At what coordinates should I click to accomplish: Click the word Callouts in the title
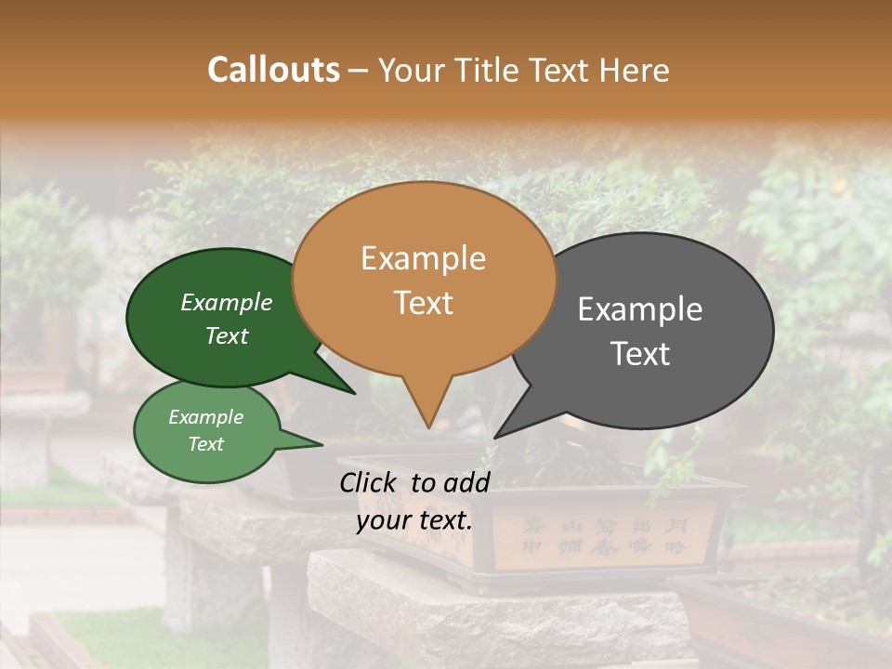click(x=273, y=70)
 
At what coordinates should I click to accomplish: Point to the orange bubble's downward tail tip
click(x=427, y=423)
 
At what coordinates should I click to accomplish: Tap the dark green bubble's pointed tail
click(x=344, y=388)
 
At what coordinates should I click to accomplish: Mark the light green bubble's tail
click(x=311, y=443)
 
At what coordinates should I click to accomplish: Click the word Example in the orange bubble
click(x=423, y=258)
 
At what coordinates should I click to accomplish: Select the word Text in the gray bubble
click(x=640, y=354)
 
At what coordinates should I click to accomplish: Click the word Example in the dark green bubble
click(x=227, y=303)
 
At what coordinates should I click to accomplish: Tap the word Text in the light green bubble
click(x=206, y=444)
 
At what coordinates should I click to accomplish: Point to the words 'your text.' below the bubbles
click(x=414, y=520)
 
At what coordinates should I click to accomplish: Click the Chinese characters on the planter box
click(x=604, y=537)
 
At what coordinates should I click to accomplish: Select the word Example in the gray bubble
click(x=640, y=308)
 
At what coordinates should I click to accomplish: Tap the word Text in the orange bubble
click(x=423, y=303)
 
